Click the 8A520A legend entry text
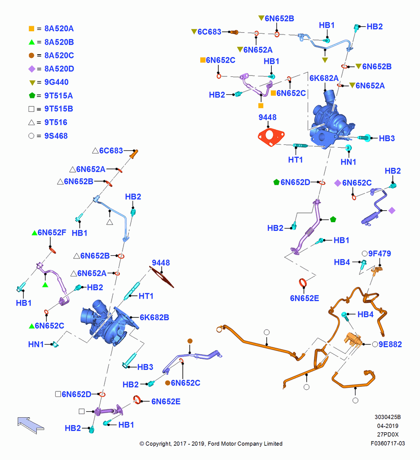coord(59,29)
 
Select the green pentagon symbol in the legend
coord(32,95)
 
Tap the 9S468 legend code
coord(56,136)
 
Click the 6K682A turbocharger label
coord(324,78)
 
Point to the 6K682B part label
coord(154,317)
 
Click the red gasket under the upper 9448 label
coord(271,137)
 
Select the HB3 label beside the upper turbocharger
coord(387,138)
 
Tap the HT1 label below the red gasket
coord(296,160)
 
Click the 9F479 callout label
coord(379,253)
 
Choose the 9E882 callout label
coord(390,344)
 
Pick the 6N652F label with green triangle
coord(52,233)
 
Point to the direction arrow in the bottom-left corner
coord(30,425)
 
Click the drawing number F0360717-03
coord(388,443)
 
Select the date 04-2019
coord(388,425)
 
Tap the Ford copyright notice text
coord(211,443)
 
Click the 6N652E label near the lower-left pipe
coord(166,402)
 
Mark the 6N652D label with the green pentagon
coord(295,183)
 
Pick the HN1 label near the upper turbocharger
coord(348,162)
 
